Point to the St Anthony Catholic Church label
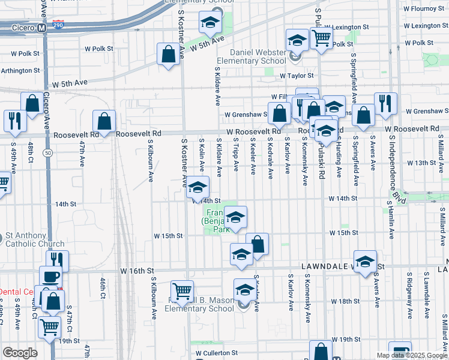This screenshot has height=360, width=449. [x=34, y=240]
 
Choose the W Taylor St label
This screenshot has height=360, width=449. [x=297, y=76]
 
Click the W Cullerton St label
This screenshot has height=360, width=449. [x=216, y=353]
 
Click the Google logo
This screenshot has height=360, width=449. [x=20, y=353]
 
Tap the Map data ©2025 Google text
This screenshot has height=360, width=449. [x=412, y=355]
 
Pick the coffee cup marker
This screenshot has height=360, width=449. [x=50, y=277]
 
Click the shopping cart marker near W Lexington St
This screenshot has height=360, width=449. [x=322, y=38]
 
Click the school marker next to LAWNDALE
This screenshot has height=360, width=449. [x=365, y=262]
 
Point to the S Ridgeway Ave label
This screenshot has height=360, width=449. [x=409, y=292]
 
